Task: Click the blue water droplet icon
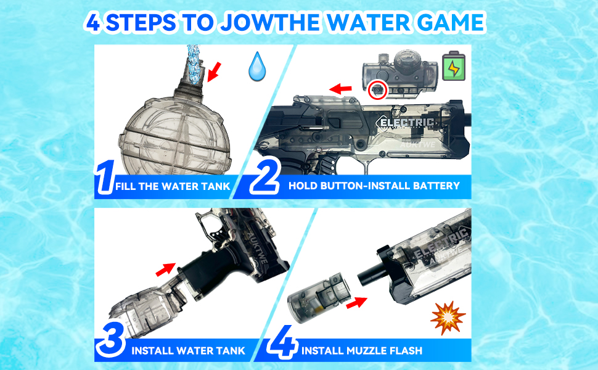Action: point(256,67)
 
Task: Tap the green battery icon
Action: point(453,66)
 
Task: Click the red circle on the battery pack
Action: point(376,91)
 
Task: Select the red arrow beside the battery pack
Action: point(340,89)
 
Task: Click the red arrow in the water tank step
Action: point(163,269)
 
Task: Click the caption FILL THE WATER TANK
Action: point(172,186)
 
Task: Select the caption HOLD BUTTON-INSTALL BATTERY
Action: point(374,186)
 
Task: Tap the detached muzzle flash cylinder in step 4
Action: point(318,295)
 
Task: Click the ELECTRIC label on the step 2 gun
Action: point(408,123)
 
